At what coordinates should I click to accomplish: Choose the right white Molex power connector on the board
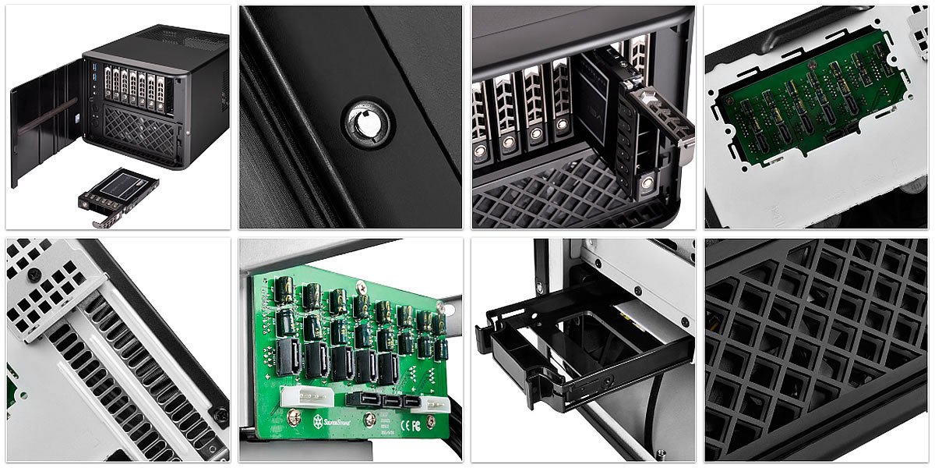point(429,402)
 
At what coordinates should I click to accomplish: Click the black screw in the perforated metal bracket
point(34,275)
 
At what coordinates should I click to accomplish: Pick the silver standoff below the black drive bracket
point(661,452)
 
